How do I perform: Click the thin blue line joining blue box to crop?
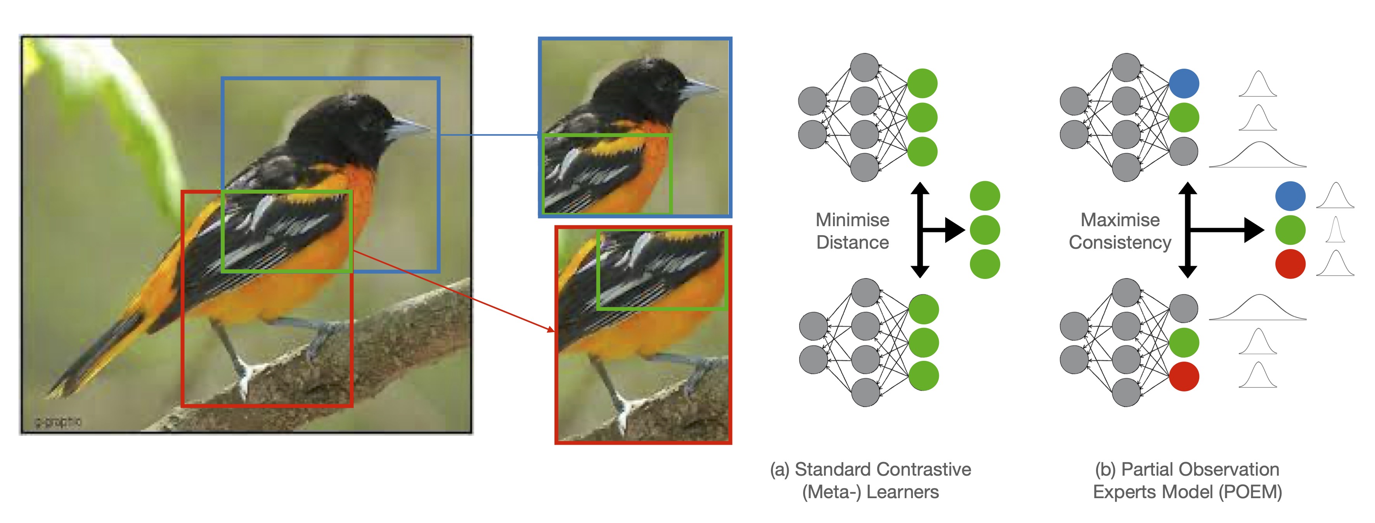coord(488,135)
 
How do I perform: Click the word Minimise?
coord(852,220)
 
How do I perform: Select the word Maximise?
coord(1120,220)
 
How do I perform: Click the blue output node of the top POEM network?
coord(1184,84)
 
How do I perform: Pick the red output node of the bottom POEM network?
coord(1184,376)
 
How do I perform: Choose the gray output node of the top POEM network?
coord(1184,152)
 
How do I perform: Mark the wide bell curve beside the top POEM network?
coord(1257,156)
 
